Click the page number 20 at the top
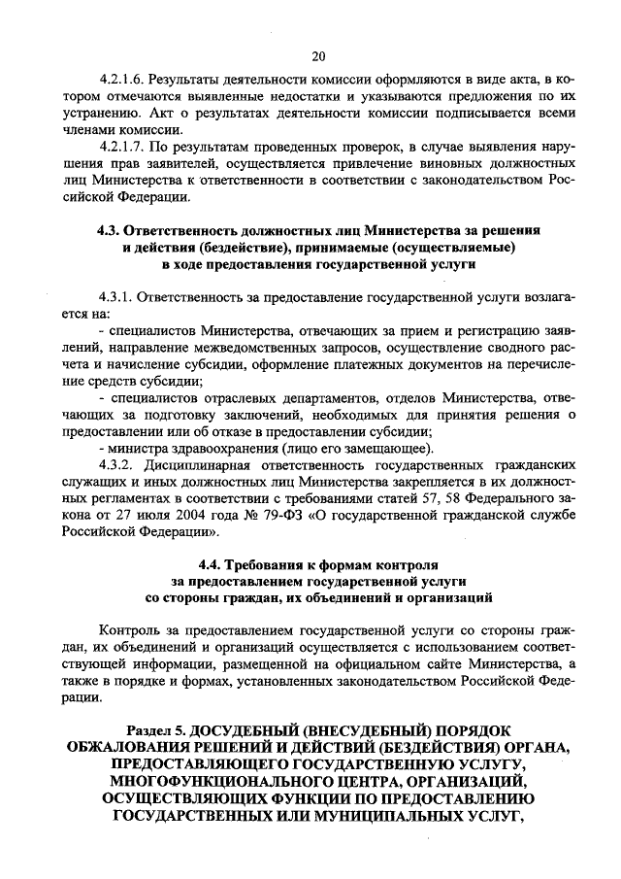tap(317, 55)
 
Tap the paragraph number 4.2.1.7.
tap(124, 146)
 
